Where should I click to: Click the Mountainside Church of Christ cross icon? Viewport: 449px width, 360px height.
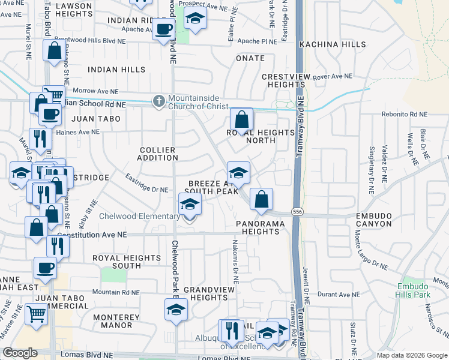click(159, 100)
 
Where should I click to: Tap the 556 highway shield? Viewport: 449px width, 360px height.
click(297, 212)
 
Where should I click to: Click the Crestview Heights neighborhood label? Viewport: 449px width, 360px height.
click(287, 81)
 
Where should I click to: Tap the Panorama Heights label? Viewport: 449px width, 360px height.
click(262, 227)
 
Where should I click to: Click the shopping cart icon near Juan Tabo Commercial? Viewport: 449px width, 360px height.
click(37, 312)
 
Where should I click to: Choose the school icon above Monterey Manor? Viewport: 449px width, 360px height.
click(176, 310)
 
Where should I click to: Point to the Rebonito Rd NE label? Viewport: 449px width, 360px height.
click(406, 114)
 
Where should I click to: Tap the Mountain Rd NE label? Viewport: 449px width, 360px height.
click(116, 293)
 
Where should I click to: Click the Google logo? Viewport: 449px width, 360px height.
click(20, 353)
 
